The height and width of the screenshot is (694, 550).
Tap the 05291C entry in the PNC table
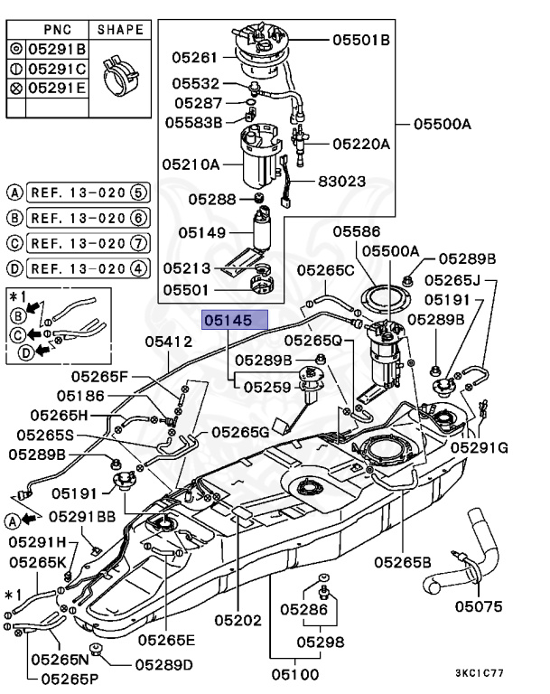click(x=56, y=69)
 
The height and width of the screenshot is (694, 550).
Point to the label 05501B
click(x=360, y=40)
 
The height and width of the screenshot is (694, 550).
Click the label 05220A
click(x=360, y=144)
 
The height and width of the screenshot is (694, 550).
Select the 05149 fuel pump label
click(x=201, y=232)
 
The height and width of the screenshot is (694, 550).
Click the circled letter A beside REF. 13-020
click(x=14, y=192)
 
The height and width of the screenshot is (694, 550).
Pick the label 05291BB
click(x=82, y=517)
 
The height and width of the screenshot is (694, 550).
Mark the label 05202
click(x=238, y=621)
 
